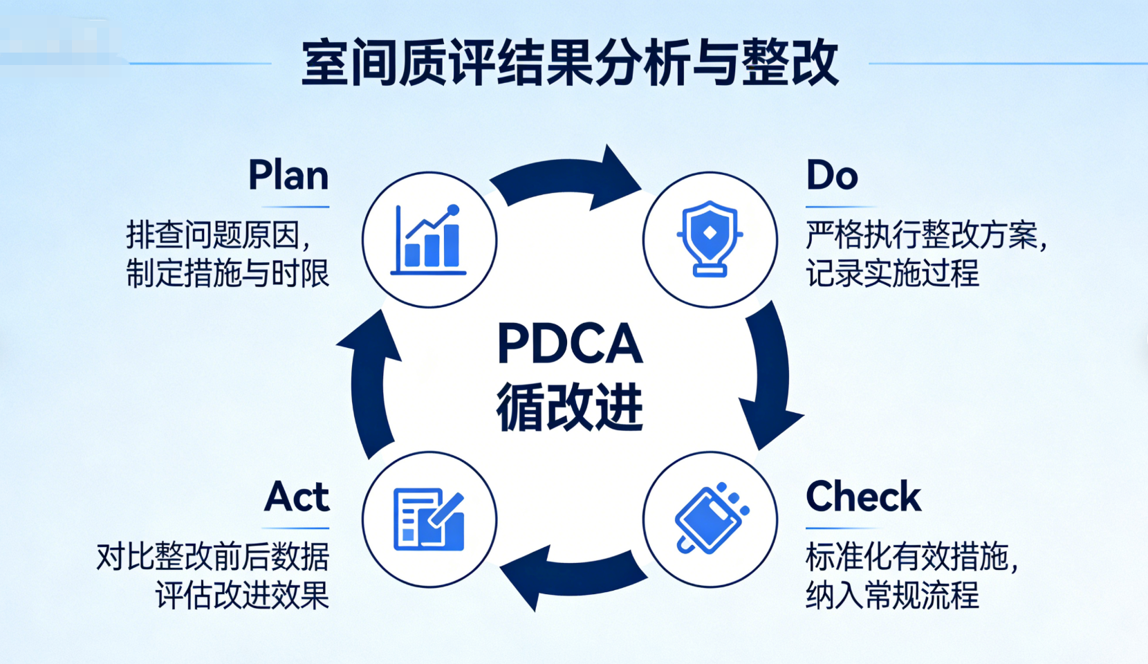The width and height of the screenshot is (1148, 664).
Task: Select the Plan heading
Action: click(288, 176)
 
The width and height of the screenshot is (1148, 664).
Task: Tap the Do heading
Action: click(832, 176)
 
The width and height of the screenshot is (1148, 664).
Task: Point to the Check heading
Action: click(863, 497)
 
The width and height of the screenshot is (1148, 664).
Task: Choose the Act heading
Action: click(297, 497)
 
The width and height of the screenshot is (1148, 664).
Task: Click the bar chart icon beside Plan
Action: click(429, 240)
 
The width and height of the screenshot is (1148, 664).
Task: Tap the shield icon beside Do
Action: click(710, 239)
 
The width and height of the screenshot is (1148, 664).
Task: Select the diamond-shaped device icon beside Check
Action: click(710, 519)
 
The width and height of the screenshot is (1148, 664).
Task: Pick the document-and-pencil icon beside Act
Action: click(429, 519)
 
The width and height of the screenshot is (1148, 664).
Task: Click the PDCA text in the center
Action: click(570, 344)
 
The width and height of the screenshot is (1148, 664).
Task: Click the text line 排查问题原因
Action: click(218, 235)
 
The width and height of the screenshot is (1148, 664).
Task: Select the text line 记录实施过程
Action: click(892, 274)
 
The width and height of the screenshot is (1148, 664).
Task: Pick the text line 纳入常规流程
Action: click(892, 596)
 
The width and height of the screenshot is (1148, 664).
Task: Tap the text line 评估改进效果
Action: click(242, 596)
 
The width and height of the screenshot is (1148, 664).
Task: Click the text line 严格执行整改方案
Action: click(923, 235)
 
